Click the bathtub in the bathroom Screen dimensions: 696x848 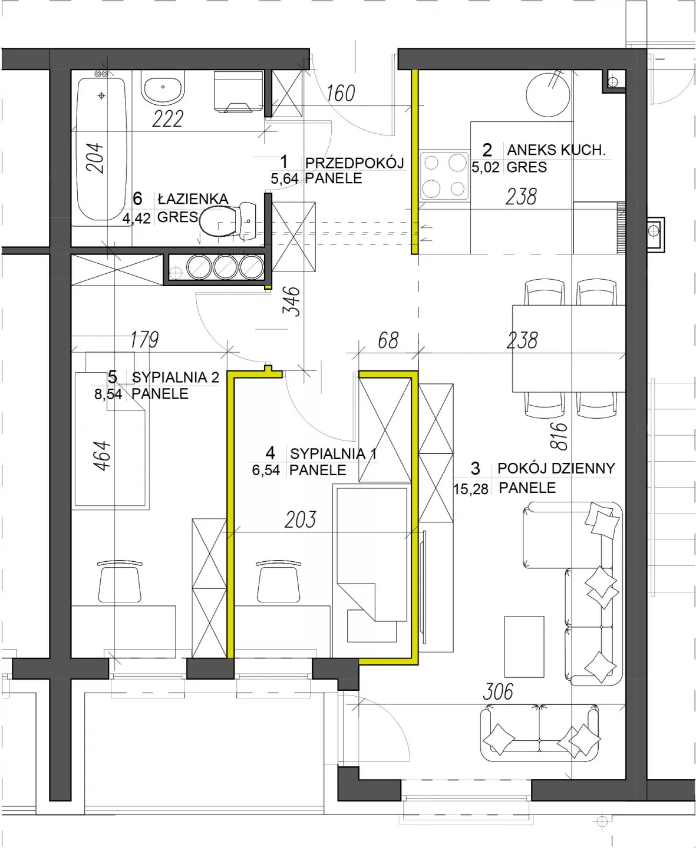tap(101, 148)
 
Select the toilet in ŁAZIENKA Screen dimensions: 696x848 tap(227, 221)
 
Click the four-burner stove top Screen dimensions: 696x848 tap(444, 175)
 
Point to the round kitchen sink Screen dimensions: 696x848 tap(548, 95)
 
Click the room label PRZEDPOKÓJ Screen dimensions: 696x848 tap(354, 163)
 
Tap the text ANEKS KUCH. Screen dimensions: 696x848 tap(556, 150)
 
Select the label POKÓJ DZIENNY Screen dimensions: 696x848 tap(556, 468)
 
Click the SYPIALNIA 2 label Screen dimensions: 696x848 tap(176, 377)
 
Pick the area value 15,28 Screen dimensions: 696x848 tap(471, 489)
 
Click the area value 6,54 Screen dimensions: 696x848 tap(266, 470)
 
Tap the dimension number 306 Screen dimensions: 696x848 tap(498, 692)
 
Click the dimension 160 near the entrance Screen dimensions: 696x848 tap(341, 93)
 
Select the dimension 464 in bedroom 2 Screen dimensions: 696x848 tap(102, 456)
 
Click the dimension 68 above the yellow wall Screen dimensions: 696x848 tap(388, 340)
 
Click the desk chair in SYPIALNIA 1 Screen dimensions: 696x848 tap(278, 581)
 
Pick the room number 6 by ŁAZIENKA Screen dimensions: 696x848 tap(137, 198)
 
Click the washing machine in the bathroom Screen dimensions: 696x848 tap(239, 92)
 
